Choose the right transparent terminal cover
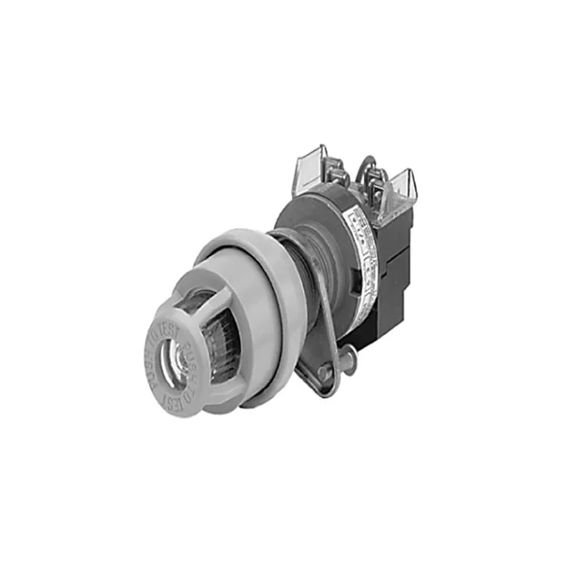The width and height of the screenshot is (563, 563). coord(400,188)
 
